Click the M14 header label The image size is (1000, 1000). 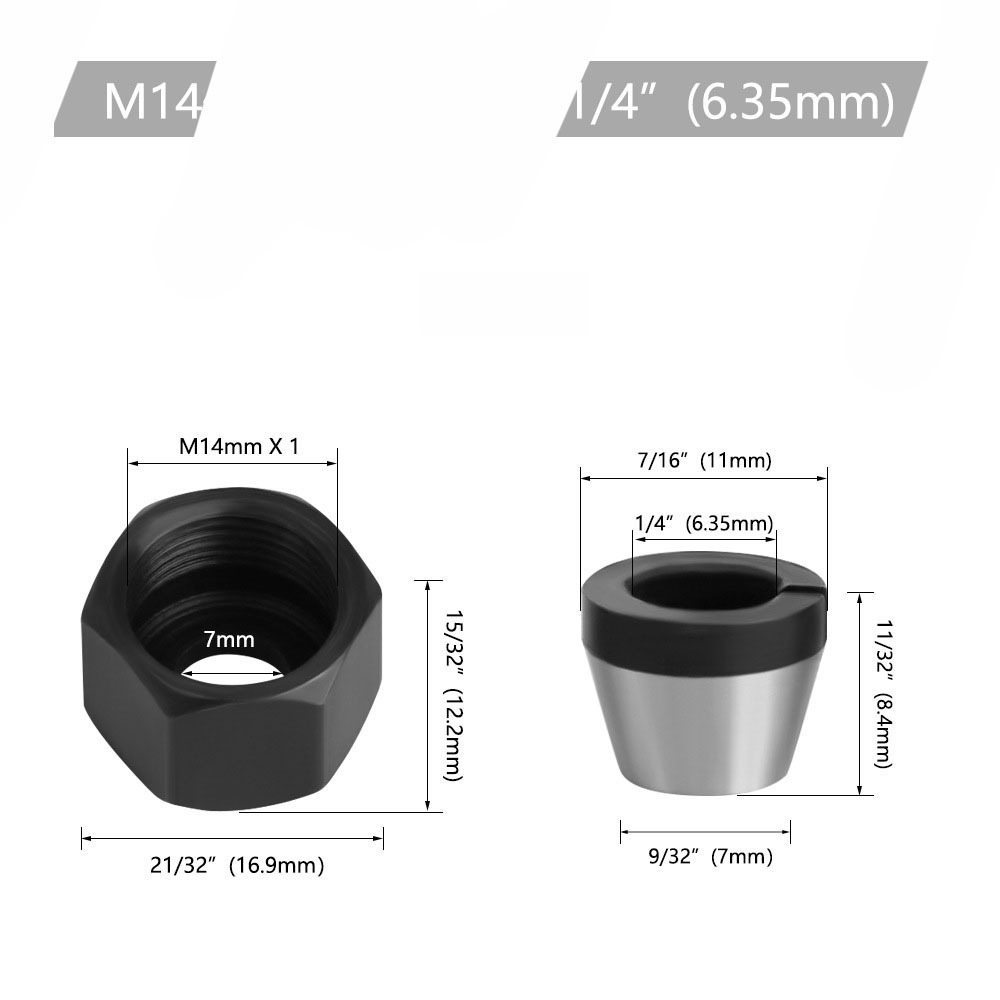point(153,101)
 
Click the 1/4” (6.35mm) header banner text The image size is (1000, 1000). point(730,101)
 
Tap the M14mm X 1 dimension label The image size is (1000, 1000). point(239,447)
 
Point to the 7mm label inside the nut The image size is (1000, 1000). point(229,638)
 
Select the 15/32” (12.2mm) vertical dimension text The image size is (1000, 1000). point(452,695)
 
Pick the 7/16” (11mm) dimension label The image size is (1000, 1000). point(707,460)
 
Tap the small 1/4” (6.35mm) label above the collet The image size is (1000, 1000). point(704,523)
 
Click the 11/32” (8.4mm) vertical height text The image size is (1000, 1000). point(884,693)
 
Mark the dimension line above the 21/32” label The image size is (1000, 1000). point(232,837)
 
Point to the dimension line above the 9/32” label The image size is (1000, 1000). point(705,831)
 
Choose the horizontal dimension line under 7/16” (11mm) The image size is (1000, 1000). point(704,478)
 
